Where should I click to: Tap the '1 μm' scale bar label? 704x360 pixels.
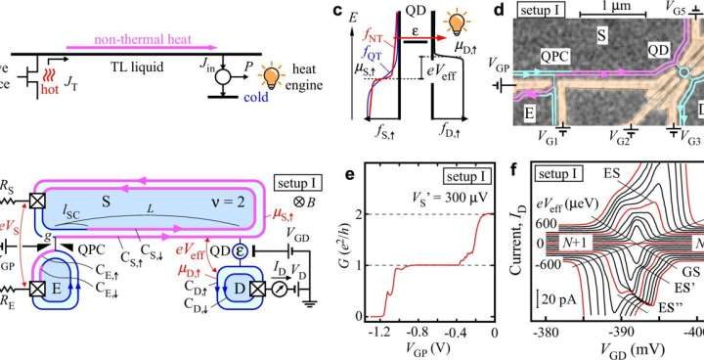[600, 7]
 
